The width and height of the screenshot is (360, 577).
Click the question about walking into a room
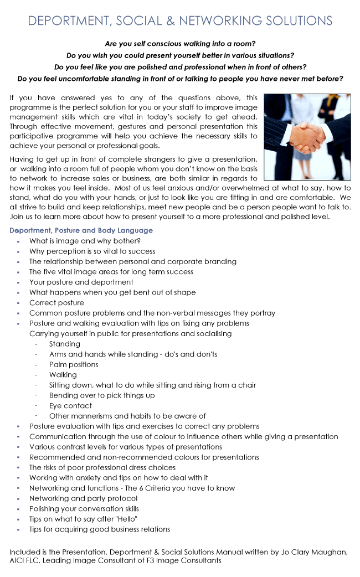click(x=180, y=43)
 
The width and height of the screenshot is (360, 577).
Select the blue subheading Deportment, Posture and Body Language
click(x=81, y=230)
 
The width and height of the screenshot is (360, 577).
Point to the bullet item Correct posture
click(x=56, y=303)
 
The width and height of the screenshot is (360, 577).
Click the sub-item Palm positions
click(x=74, y=364)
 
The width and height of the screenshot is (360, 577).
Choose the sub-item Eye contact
click(x=70, y=405)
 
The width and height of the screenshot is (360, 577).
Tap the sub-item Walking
click(x=63, y=375)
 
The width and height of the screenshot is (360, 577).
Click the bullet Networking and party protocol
click(x=83, y=498)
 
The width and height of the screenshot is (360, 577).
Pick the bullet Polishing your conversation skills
click(x=84, y=508)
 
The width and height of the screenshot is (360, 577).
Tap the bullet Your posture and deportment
click(x=81, y=282)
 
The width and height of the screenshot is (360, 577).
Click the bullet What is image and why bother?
click(x=85, y=241)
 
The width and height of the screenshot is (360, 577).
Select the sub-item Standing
click(x=64, y=344)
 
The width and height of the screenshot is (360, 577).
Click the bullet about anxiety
click(x=119, y=477)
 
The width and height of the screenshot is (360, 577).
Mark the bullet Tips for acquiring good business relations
click(x=100, y=529)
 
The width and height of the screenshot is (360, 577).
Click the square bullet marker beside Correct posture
click(x=18, y=303)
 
